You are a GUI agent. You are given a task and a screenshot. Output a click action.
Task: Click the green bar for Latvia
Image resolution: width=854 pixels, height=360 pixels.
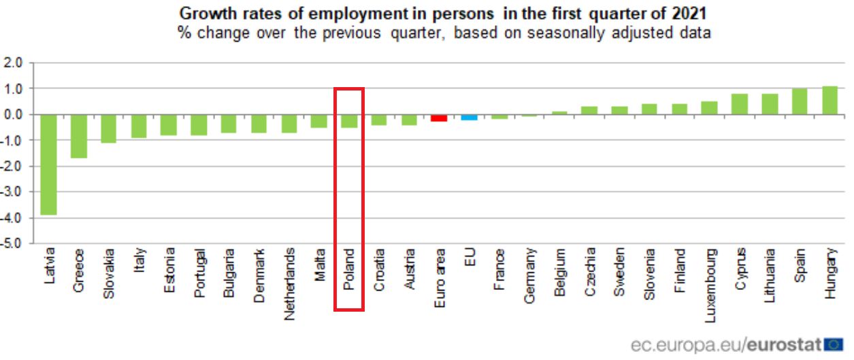pyautogui.click(x=49, y=164)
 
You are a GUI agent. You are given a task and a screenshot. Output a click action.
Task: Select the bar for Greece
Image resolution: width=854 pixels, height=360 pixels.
pyautogui.click(x=79, y=136)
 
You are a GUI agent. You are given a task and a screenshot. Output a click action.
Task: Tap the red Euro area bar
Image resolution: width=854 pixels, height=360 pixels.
pyautogui.click(x=439, y=118)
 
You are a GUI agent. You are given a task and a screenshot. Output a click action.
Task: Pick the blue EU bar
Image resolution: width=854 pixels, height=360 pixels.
pyautogui.click(x=469, y=117)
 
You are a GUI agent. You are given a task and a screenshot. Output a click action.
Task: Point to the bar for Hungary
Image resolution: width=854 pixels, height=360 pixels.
pyautogui.click(x=830, y=101)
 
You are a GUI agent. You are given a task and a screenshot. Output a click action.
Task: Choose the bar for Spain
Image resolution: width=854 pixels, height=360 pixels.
pyautogui.click(x=800, y=101)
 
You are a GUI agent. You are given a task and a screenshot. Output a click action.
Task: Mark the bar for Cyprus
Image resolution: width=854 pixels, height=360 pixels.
pyautogui.click(x=740, y=104)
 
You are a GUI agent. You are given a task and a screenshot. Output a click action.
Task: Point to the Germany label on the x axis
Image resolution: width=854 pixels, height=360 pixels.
pyautogui.click(x=529, y=275)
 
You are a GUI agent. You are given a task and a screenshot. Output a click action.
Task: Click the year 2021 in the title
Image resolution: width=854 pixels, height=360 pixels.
pyautogui.click(x=687, y=13)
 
